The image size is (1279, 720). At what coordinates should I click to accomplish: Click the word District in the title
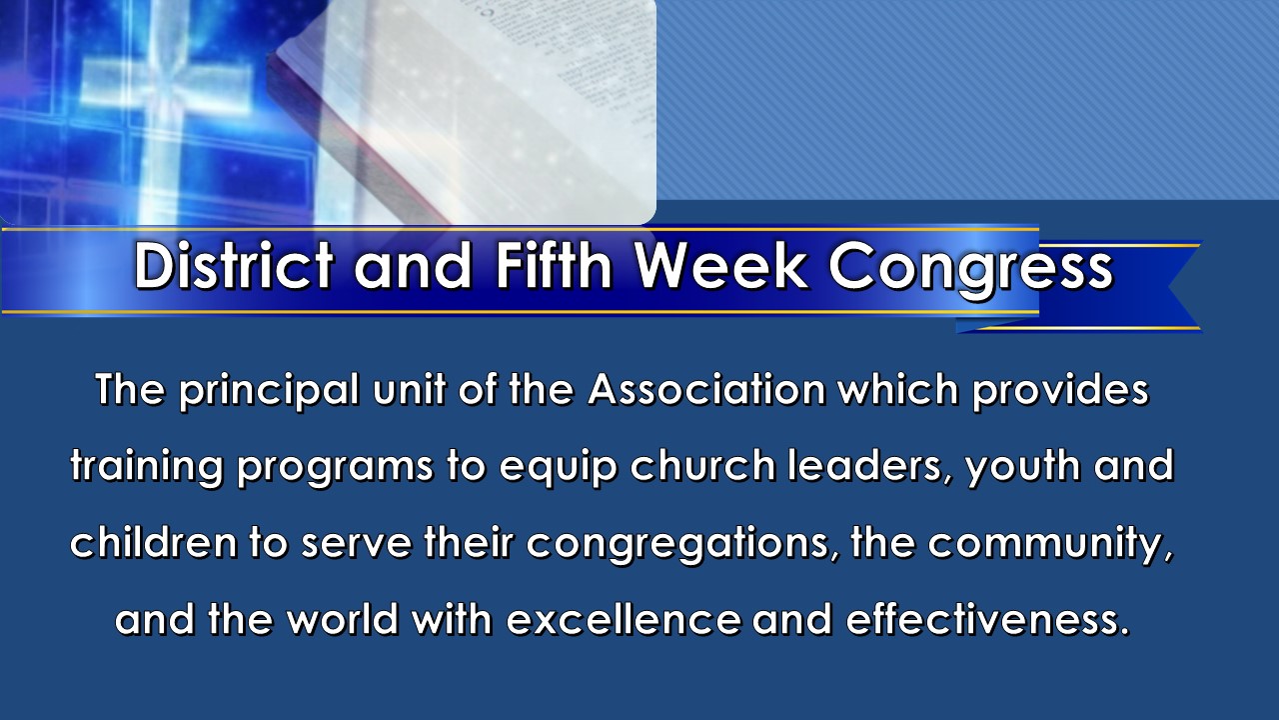click(234, 266)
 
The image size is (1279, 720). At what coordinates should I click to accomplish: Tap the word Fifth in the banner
click(555, 265)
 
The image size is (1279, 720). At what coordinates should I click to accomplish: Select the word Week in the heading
click(721, 266)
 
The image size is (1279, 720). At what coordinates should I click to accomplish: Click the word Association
click(706, 390)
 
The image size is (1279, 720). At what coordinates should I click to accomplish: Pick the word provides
click(1060, 391)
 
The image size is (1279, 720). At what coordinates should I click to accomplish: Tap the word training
click(146, 468)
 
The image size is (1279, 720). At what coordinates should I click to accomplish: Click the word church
click(702, 466)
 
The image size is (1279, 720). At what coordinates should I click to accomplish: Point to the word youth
click(1022, 468)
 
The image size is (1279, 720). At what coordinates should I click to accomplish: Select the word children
click(153, 542)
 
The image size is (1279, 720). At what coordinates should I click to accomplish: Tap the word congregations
click(678, 545)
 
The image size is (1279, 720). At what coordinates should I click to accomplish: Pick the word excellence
click(624, 619)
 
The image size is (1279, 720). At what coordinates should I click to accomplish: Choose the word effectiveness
click(988, 619)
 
